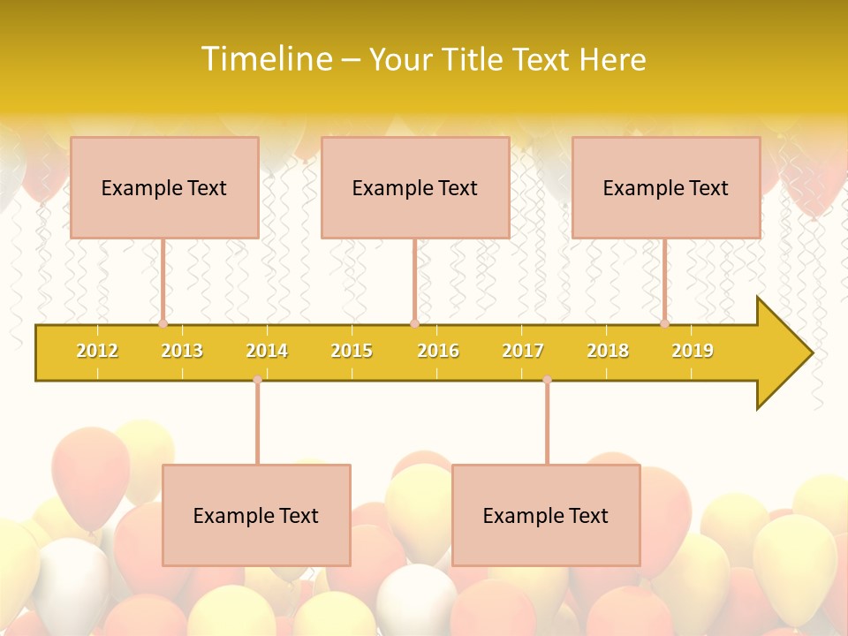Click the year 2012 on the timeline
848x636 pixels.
(97, 351)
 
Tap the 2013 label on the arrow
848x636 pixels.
(182, 351)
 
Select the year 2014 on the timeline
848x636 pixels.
(267, 351)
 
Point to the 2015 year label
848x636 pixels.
(352, 351)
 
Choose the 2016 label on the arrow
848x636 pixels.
(438, 351)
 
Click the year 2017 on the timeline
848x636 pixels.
(523, 351)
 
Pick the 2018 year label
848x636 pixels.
(608, 351)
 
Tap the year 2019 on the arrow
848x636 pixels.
(693, 351)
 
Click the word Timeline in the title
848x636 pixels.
(265, 59)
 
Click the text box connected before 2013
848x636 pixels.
(164, 187)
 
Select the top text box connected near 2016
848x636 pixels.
(415, 187)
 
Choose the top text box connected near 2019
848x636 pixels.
(666, 187)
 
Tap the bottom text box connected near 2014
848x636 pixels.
(256, 515)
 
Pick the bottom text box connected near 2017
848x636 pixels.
(546, 515)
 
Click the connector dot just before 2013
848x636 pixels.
(163, 324)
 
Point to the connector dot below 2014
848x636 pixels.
(257, 380)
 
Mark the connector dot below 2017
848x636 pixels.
(547, 380)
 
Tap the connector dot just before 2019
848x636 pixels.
(665, 324)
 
